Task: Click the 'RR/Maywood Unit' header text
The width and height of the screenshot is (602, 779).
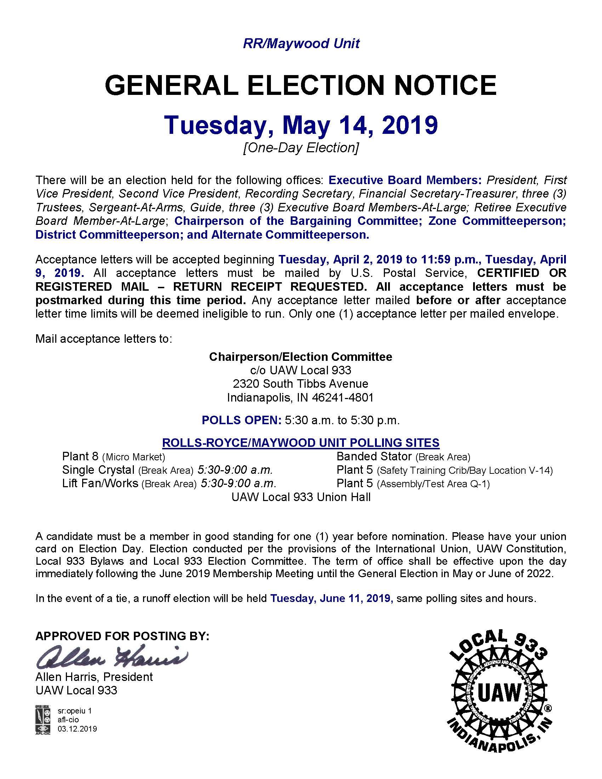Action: click(x=301, y=44)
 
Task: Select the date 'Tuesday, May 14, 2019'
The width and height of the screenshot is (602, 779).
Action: click(x=301, y=125)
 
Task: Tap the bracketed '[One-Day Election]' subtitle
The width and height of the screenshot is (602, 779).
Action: click(x=301, y=147)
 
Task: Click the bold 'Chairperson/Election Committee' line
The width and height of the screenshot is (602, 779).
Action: click(x=300, y=357)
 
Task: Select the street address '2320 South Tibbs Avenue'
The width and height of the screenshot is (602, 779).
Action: click(x=300, y=383)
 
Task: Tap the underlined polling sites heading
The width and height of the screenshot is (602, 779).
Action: click(x=301, y=443)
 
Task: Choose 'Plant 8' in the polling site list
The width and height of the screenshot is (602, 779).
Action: click(x=80, y=456)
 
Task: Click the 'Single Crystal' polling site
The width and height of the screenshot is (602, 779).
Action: click(x=98, y=470)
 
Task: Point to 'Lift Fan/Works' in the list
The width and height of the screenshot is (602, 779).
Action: click(x=100, y=483)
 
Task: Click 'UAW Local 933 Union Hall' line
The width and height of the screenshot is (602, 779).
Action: click(x=301, y=497)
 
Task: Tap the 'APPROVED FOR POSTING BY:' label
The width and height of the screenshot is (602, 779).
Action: click(x=122, y=636)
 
